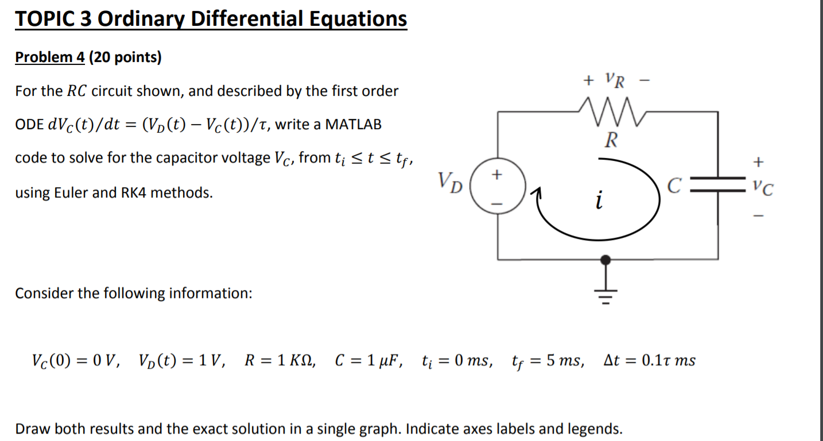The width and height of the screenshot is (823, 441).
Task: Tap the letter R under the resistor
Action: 612,140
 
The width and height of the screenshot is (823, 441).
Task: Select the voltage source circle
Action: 497,188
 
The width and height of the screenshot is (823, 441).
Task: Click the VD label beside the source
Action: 451,183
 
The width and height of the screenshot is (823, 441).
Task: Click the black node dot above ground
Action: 605,260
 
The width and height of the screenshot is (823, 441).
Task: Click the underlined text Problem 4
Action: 49,57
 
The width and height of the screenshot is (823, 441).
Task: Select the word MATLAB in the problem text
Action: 353,125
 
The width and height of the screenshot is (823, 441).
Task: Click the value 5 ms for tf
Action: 564,361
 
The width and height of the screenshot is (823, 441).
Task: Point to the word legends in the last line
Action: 594,429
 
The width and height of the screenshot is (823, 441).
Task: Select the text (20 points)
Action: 125,57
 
